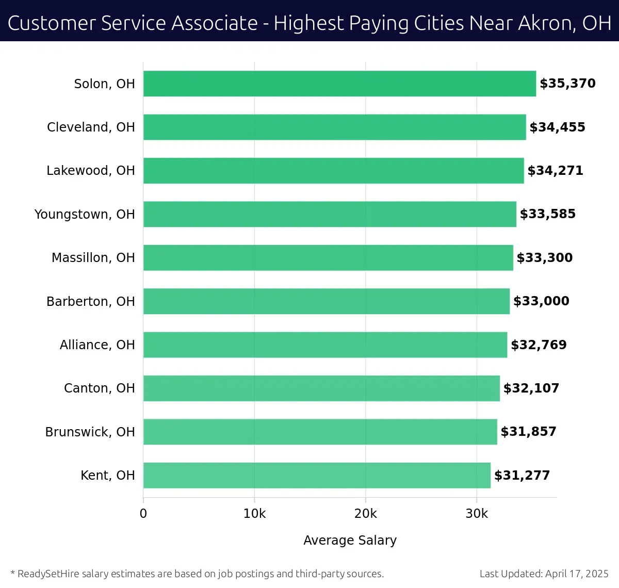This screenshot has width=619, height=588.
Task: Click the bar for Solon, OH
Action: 339,84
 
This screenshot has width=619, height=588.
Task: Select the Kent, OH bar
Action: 317,475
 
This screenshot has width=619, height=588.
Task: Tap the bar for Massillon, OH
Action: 328,257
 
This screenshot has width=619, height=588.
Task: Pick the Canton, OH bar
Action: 321,388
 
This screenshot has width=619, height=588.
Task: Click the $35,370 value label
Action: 567,84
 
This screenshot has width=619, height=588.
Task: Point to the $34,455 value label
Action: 557,127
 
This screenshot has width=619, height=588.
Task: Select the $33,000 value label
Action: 541,301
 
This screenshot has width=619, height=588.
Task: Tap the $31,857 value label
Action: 528,432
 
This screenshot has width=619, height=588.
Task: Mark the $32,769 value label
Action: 539,345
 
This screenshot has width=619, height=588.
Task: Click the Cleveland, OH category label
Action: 91,127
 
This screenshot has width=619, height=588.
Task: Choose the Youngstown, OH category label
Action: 85,214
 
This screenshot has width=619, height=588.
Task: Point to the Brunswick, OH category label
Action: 90,432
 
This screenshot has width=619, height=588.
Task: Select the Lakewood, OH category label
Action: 91,170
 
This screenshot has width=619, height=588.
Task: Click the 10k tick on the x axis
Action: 254,514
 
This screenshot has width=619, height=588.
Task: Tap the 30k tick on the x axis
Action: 477,514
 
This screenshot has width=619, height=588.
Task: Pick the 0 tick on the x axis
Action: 143,514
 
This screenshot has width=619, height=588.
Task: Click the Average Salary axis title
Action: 350,540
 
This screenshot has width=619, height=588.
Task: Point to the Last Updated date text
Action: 544,574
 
